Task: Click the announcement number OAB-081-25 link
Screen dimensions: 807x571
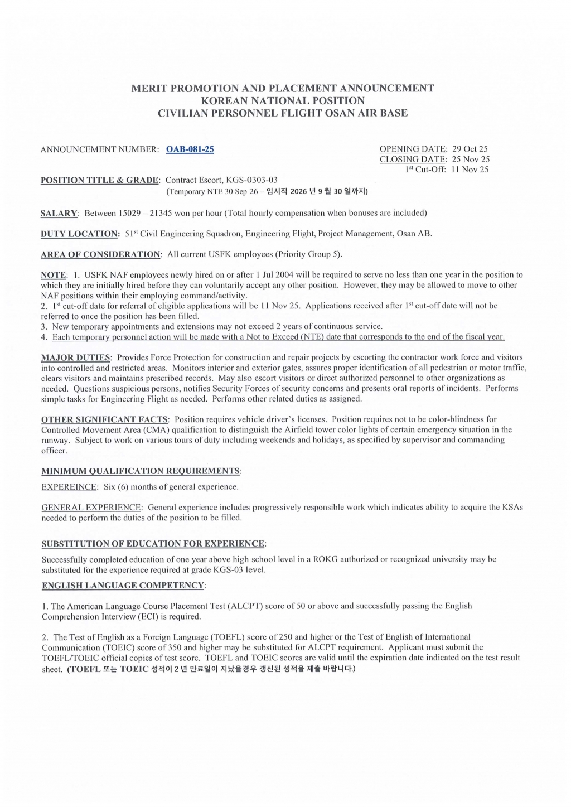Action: tap(190, 149)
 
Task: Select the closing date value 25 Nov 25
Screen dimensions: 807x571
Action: tap(471, 160)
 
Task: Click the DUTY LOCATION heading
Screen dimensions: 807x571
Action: tap(80, 234)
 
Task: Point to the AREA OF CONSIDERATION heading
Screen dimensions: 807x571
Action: tap(101, 254)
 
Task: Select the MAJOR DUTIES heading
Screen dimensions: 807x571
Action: tap(76, 357)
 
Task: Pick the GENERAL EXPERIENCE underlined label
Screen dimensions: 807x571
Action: tap(92, 508)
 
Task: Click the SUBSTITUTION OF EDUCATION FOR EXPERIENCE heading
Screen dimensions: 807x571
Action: tap(153, 544)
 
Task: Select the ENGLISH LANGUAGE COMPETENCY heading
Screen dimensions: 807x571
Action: tap(123, 586)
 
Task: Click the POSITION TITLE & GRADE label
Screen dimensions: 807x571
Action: tap(100, 180)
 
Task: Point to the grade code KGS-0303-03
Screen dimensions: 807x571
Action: tap(251, 180)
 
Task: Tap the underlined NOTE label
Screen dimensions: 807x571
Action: tap(54, 275)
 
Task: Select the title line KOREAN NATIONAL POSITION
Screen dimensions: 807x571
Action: tap(283, 101)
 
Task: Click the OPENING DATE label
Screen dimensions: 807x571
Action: tap(413, 149)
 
